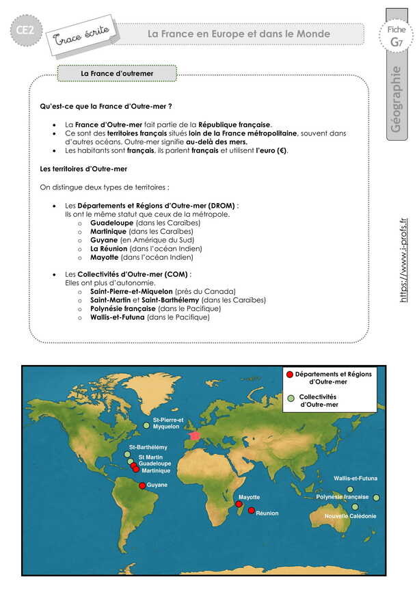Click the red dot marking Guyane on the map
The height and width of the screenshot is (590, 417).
142,485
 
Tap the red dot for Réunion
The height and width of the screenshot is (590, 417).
252,511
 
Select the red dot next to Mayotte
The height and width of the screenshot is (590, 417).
239,505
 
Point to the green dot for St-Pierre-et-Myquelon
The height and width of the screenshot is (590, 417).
146,426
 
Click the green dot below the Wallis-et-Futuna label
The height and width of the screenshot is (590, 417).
350,489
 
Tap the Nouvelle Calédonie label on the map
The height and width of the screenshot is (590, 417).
350,516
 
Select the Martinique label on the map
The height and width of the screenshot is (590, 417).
154,471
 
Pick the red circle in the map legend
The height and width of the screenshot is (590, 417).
290,375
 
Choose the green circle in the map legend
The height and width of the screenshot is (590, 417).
292,398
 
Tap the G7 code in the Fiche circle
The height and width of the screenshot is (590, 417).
396,42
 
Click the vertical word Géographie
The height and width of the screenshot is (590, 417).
396,100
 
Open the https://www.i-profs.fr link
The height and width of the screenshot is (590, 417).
403,260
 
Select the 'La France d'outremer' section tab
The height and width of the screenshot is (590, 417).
117,72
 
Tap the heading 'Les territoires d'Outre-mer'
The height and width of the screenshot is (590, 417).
83,168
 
